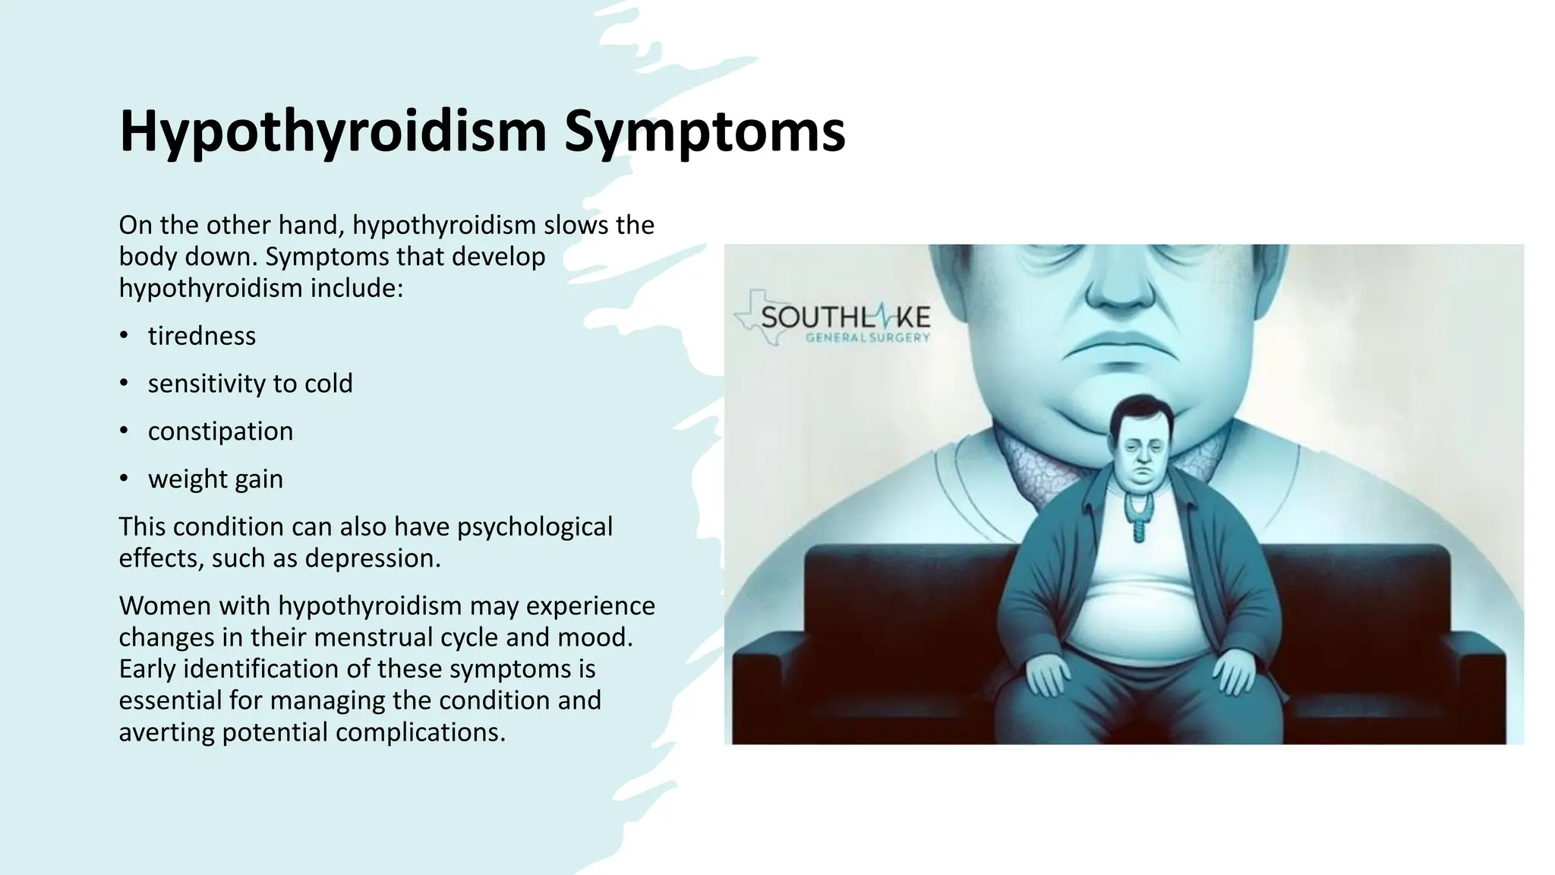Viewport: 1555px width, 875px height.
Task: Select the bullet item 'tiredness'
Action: click(201, 336)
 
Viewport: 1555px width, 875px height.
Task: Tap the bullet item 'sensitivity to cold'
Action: click(250, 384)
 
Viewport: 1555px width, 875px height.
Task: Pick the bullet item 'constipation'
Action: click(220, 431)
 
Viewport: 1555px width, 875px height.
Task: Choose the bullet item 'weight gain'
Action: click(215, 479)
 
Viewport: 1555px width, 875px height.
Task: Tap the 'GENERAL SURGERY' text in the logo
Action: click(867, 337)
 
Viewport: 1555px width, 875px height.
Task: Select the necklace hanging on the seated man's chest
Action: click(1137, 513)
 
